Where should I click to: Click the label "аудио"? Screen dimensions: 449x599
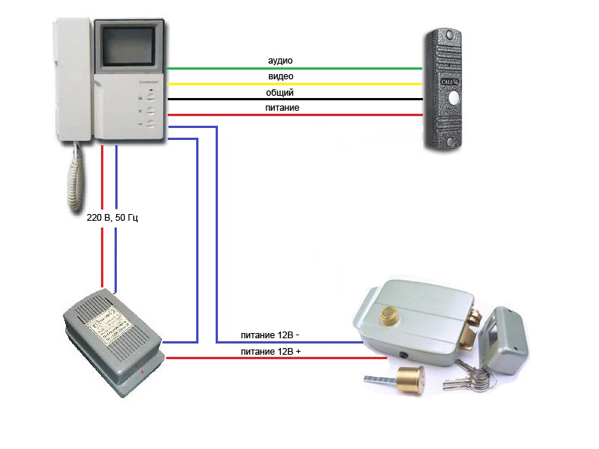[x=280, y=60]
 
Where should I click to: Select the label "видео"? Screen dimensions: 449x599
[x=280, y=76]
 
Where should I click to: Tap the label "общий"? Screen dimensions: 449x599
[x=280, y=93]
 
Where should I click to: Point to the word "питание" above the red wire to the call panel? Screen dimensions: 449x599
[x=282, y=109]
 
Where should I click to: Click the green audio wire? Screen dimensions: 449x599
[x=337, y=68]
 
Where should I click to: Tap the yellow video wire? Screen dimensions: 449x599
[x=337, y=84]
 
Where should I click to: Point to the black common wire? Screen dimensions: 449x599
[x=337, y=100]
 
